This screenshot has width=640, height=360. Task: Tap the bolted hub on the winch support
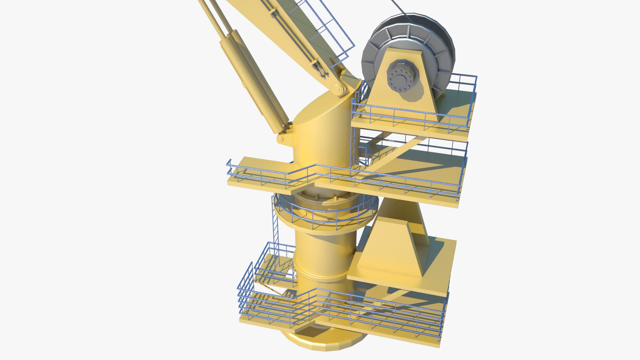point(400,79)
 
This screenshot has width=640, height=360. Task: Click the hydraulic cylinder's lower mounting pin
point(281,138)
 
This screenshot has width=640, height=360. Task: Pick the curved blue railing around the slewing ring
point(327,217)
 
